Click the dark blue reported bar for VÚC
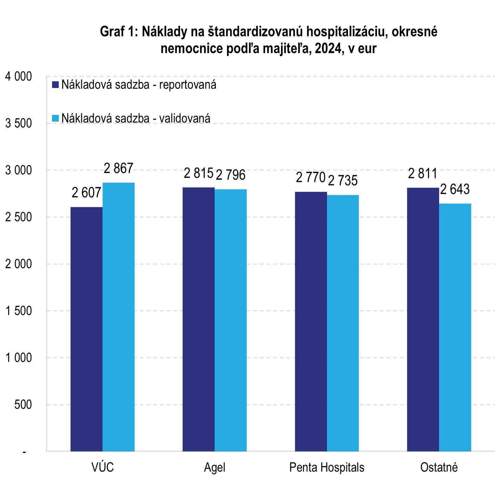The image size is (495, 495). (x=86, y=329)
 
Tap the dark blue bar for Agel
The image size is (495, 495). (x=198, y=319)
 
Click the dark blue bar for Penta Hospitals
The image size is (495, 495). (x=311, y=321)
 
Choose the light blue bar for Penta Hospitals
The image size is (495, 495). (x=343, y=323)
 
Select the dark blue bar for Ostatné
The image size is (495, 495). (x=423, y=319)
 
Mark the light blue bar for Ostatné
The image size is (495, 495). (x=455, y=327)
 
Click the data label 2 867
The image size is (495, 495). (x=118, y=169)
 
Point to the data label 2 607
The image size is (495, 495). (x=86, y=193)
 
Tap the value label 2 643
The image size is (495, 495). (x=455, y=190)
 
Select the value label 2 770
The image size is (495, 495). (x=311, y=178)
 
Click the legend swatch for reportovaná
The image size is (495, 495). (x=56, y=85)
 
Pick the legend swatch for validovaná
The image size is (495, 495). (x=56, y=118)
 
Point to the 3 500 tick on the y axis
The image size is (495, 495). (x=19, y=124)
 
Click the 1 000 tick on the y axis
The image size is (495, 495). (x=19, y=358)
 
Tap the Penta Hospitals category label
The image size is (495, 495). (x=327, y=467)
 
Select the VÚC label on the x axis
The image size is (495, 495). (x=103, y=467)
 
